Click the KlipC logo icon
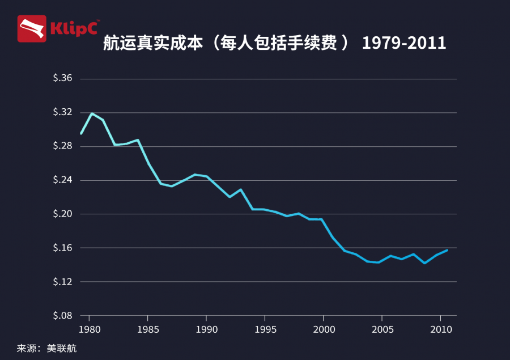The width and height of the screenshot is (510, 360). (32, 29)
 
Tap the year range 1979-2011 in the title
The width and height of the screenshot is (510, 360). (403, 44)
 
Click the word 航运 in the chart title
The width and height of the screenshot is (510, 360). (116, 44)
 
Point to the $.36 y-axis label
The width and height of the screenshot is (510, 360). (62, 78)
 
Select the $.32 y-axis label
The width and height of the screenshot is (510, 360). (62, 112)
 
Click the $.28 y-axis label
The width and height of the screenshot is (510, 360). (62, 146)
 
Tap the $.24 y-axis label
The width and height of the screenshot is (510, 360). (62, 180)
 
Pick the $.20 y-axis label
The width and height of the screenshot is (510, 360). (62, 214)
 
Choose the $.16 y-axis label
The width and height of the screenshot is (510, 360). (62, 248)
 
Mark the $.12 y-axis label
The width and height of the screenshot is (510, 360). (62, 282)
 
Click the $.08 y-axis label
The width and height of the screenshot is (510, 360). (62, 316)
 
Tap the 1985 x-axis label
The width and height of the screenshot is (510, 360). (147, 329)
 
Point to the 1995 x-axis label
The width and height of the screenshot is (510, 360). (265, 329)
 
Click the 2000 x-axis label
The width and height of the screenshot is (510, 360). (323, 329)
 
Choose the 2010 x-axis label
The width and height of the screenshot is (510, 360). (440, 329)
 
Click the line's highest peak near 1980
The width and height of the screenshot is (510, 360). (92, 113)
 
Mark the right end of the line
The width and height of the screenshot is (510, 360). (447, 250)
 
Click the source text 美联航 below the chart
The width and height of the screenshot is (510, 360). (63, 348)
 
